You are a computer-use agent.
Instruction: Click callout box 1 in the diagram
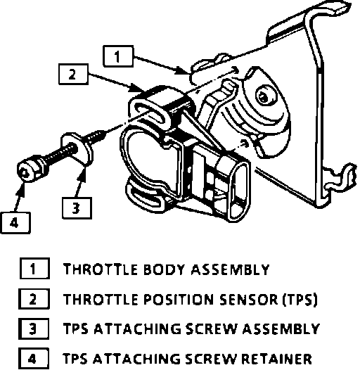click(x=118, y=56)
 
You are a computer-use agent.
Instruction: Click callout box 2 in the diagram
click(x=73, y=74)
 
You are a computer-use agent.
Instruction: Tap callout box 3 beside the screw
click(x=77, y=208)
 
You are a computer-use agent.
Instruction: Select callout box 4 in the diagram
click(x=15, y=223)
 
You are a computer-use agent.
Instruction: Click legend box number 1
click(x=34, y=269)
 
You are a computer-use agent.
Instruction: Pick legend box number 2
click(x=34, y=299)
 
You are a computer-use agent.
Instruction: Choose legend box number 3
click(x=34, y=328)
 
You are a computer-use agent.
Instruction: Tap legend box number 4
click(x=34, y=359)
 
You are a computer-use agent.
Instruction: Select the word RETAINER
click(x=276, y=359)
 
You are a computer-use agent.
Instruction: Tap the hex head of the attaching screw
click(x=28, y=169)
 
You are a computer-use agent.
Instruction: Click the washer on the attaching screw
click(x=77, y=149)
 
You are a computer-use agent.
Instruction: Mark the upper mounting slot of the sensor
click(x=149, y=113)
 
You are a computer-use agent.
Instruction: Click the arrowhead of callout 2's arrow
click(x=135, y=89)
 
